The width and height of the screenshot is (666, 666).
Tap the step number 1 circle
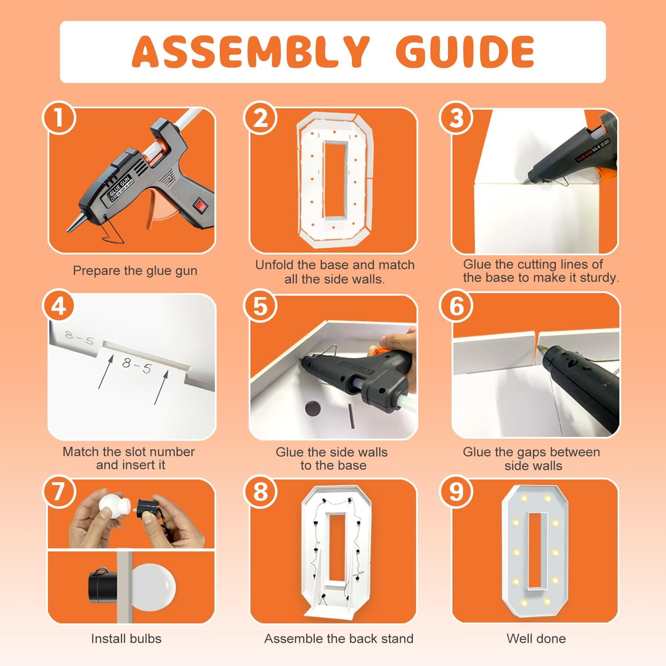[59, 118]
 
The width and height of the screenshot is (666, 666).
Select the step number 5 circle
[260, 306]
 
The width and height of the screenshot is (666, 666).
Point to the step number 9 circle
[456, 492]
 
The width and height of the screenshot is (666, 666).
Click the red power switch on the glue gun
[201, 206]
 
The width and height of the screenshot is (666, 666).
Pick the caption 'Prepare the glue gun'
[135, 271]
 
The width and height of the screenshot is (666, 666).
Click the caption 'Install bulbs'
[126, 638]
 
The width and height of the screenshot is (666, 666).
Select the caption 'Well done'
[536, 638]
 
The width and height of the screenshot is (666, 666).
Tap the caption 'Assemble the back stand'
[339, 638]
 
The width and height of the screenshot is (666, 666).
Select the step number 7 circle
[59, 492]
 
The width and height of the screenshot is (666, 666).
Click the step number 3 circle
[456, 118]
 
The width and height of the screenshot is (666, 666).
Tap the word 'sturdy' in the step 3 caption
[595, 278]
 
